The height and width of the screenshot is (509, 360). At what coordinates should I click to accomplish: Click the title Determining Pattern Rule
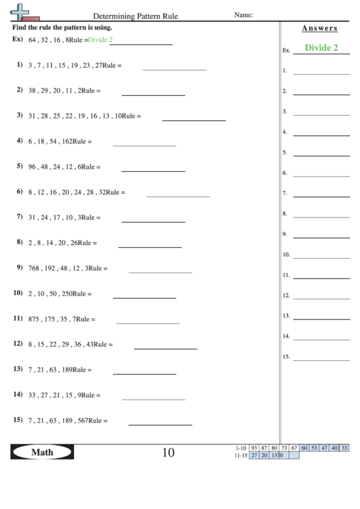tap(136, 15)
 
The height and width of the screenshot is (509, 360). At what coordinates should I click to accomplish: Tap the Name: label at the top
tap(243, 14)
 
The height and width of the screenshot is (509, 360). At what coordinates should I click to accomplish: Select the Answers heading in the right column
tap(319, 28)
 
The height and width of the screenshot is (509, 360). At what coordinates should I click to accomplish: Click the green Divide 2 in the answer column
tap(321, 48)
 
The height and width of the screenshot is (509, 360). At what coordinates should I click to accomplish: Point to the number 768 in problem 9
tap(34, 268)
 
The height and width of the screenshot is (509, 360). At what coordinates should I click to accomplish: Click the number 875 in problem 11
tap(34, 319)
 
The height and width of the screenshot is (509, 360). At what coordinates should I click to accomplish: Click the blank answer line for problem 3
tap(194, 120)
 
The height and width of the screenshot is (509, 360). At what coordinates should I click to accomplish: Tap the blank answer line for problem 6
tap(178, 196)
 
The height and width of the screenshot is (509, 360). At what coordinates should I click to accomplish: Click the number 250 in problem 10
tap(67, 294)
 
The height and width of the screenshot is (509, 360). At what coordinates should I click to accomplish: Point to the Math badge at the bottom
tap(41, 452)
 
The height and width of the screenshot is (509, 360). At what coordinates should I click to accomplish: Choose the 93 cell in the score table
tap(254, 448)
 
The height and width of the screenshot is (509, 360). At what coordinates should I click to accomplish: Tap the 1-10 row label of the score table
tap(240, 448)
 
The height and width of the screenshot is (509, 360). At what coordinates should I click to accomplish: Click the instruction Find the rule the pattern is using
tap(62, 28)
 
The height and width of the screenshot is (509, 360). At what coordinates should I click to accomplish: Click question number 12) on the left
tap(18, 344)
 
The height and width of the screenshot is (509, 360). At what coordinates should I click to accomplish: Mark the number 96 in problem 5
tap(32, 166)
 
